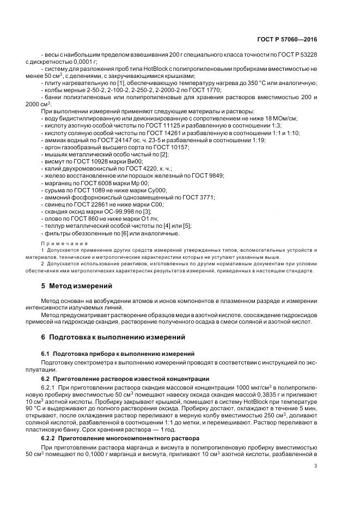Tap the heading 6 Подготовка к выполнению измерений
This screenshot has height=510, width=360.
pyautogui.click(x=113, y=337)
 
